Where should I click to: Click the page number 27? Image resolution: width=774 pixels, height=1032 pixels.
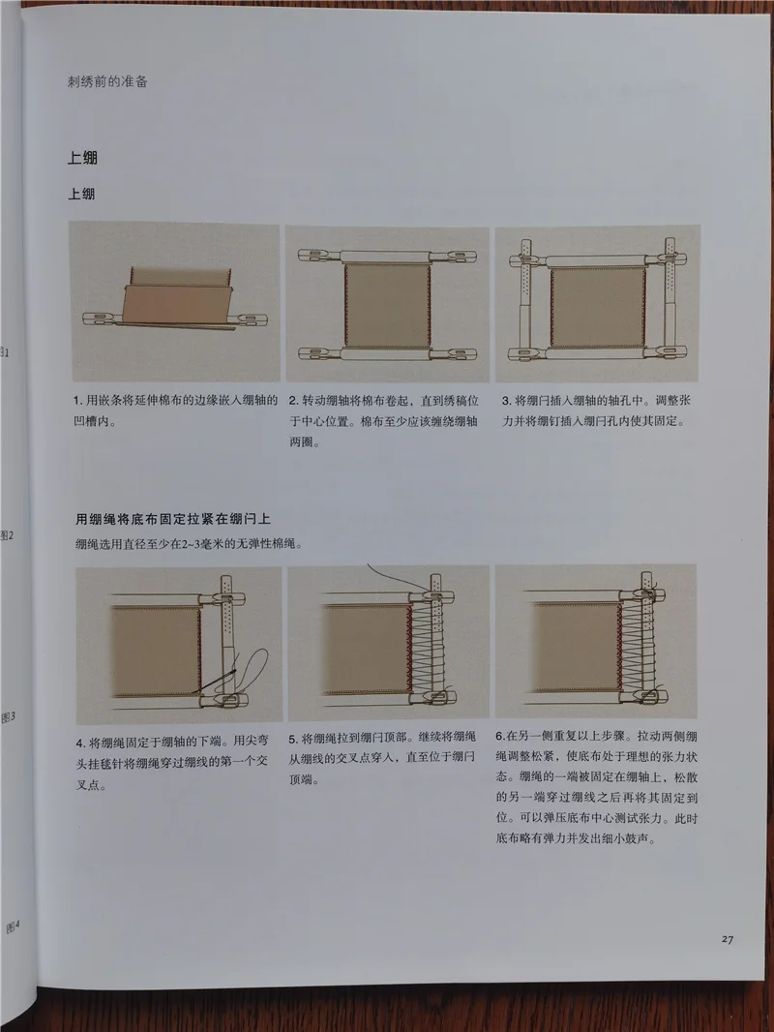coord(727,939)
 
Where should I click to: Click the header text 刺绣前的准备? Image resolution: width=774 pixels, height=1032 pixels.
coord(107,81)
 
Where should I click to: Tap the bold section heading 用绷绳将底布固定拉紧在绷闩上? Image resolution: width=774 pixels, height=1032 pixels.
coord(173,519)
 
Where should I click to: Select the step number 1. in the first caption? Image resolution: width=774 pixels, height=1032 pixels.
coord(78,400)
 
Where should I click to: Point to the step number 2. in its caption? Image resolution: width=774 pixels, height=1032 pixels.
coord(295,400)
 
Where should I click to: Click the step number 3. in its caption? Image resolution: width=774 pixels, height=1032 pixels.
coord(507,400)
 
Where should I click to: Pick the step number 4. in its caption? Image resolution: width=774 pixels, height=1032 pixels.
coord(81,744)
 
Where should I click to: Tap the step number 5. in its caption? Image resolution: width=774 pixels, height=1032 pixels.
coord(293,739)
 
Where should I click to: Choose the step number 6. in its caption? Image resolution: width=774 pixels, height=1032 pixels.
coord(500,736)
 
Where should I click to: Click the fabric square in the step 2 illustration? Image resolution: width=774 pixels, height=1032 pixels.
coord(387,305)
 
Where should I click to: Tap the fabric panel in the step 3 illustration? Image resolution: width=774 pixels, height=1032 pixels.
coord(598,307)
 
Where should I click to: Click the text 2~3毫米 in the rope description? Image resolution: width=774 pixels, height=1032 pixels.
coord(199,544)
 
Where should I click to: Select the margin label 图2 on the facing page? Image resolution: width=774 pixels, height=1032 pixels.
coord(7,535)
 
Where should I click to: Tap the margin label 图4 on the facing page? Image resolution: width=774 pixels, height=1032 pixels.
coord(14,926)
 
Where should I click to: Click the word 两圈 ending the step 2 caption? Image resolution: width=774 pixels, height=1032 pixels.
coord(302,442)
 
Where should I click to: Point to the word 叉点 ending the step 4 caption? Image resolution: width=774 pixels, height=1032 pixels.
coord(89,785)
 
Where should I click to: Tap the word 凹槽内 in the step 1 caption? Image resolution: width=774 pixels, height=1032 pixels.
coord(92,421)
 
